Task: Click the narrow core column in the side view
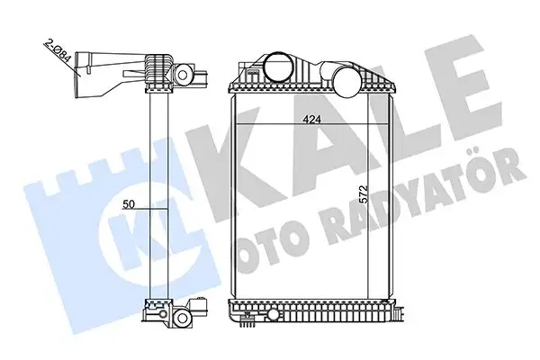tap(162, 198)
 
